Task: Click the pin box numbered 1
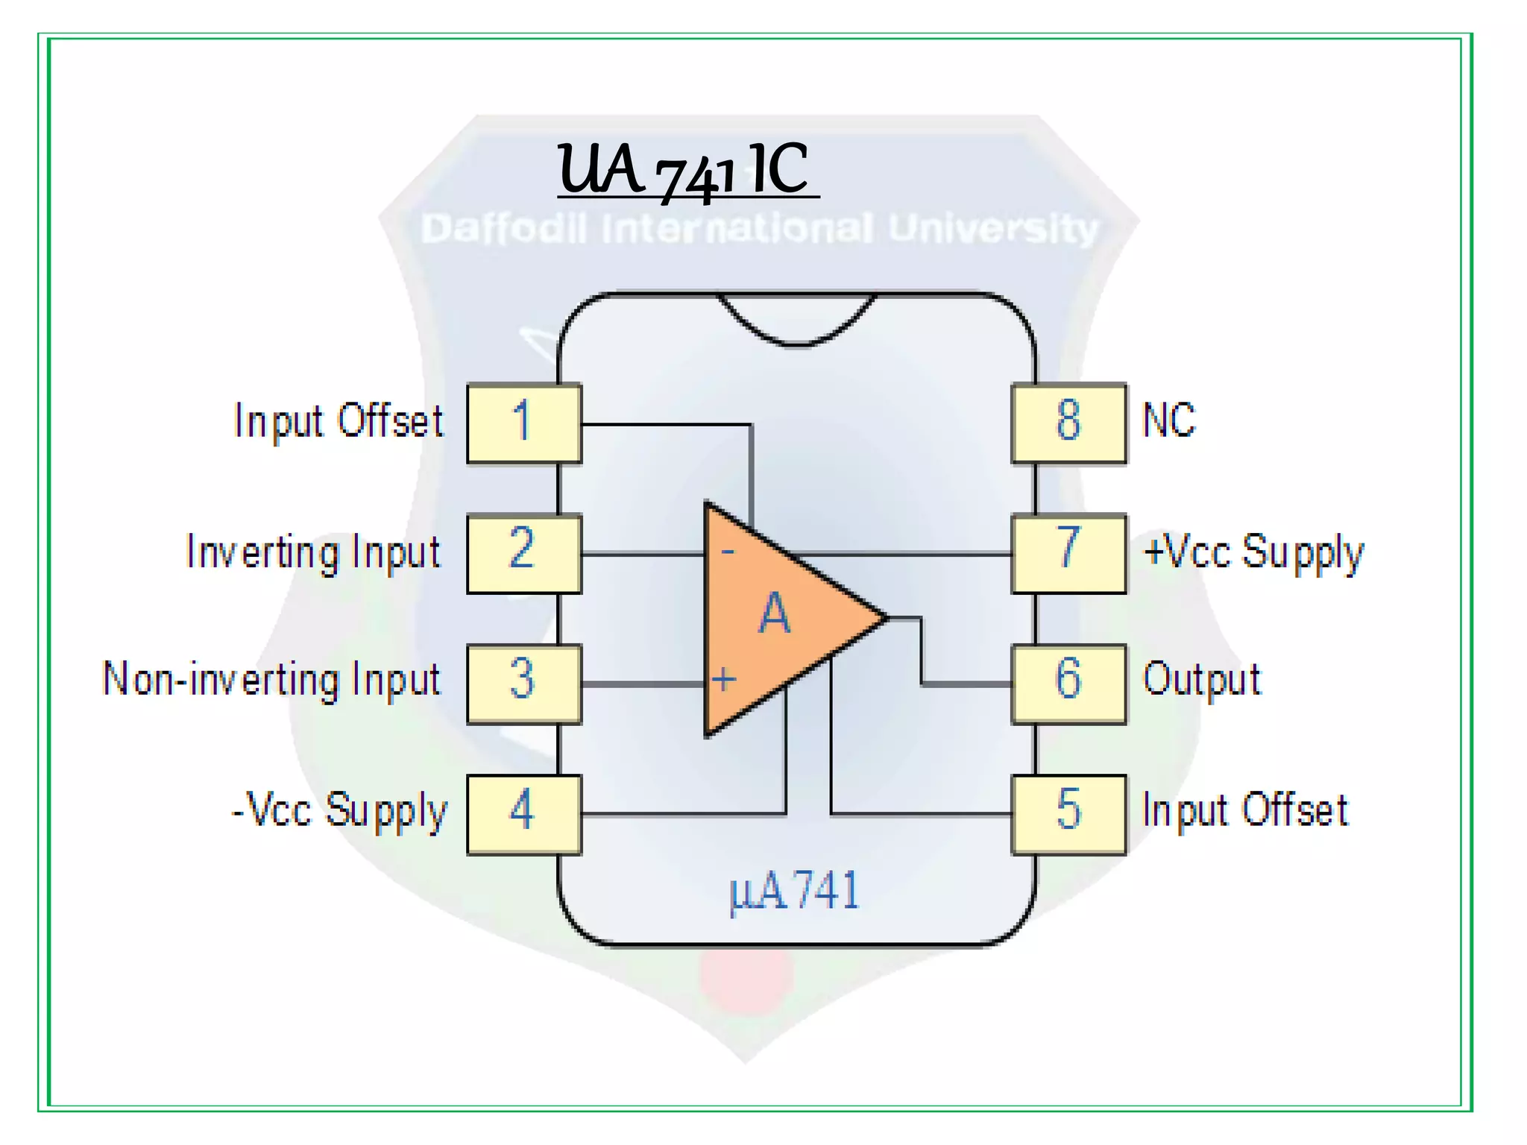click(523, 423)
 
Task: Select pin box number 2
click(523, 553)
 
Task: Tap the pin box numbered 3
click(523, 684)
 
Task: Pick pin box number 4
click(523, 814)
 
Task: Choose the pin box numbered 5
click(1068, 814)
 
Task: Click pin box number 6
click(1068, 684)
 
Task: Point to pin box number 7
click(1068, 553)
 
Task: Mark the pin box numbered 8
click(1068, 423)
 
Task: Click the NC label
click(1168, 420)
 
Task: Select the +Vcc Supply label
click(1253, 553)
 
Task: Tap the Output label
click(1201, 680)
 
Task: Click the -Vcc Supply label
click(339, 811)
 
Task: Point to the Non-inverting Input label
click(272, 680)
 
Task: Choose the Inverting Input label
click(313, 553)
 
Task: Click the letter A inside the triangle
click(774, 614)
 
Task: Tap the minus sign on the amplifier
click(728, 552)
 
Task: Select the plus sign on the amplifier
click(723, 680)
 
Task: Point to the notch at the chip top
click(796, 321)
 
